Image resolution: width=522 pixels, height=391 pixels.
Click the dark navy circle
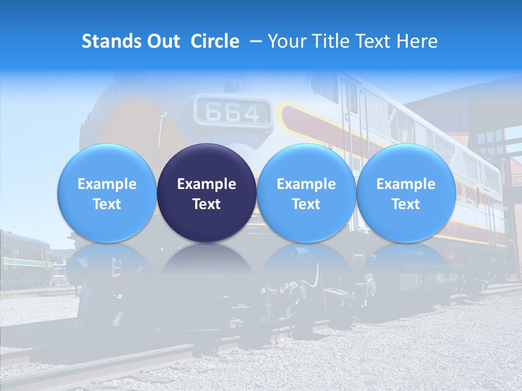coord(207,193)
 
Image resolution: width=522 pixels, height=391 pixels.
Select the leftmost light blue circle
coord(107,193)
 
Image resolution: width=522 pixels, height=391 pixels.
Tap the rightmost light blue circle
coord(406,193)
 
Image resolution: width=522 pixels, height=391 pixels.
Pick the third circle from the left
coord(306,193)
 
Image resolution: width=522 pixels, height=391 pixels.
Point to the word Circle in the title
coord(215,41)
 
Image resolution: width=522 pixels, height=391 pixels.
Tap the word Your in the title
coord(287,41)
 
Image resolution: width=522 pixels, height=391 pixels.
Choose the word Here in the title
coord(418,41)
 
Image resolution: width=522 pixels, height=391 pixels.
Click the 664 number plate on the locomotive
coord(233,112)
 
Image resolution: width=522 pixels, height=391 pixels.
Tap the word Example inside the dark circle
coord(207,184)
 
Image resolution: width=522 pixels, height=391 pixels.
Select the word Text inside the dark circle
coord(207,204)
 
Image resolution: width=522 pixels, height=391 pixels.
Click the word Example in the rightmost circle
coord(406,184)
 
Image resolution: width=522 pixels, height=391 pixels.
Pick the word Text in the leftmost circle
coord(107,204)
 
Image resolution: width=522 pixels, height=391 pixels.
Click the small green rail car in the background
coord(24,258)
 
